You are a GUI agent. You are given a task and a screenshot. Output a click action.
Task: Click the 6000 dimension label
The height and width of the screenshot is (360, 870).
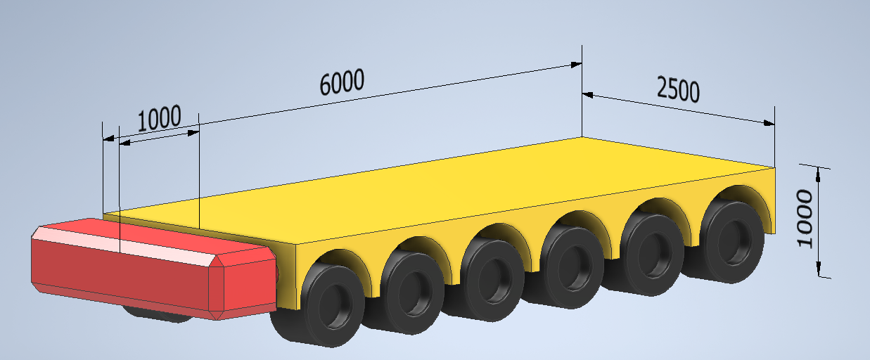[x=342, y=82]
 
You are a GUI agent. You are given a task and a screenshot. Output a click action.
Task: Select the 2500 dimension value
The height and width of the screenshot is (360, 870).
[x=678, y=89]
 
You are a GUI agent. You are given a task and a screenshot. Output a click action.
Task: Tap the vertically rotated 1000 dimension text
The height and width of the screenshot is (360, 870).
[x=805, y=218]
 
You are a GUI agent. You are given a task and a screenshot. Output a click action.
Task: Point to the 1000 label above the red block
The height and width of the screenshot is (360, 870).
[x=159, y=117]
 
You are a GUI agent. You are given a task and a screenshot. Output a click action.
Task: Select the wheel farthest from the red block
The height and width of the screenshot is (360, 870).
[x=730, y=240]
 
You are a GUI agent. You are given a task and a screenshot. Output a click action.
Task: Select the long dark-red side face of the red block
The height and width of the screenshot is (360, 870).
[x=120, y=276]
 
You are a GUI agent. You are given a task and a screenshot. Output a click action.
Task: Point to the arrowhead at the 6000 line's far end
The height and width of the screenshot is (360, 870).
[x=576, y=65]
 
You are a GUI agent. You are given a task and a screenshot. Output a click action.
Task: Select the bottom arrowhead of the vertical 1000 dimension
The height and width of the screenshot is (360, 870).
[x=819, y=269]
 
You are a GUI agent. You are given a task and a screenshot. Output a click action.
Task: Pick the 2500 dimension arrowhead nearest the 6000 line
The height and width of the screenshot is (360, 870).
[x=588, y=95]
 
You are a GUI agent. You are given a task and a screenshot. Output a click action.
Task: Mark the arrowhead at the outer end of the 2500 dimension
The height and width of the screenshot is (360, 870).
[x=769, y=123]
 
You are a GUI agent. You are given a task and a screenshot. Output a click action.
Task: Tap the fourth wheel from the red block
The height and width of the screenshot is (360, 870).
[x=572, y=266]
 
